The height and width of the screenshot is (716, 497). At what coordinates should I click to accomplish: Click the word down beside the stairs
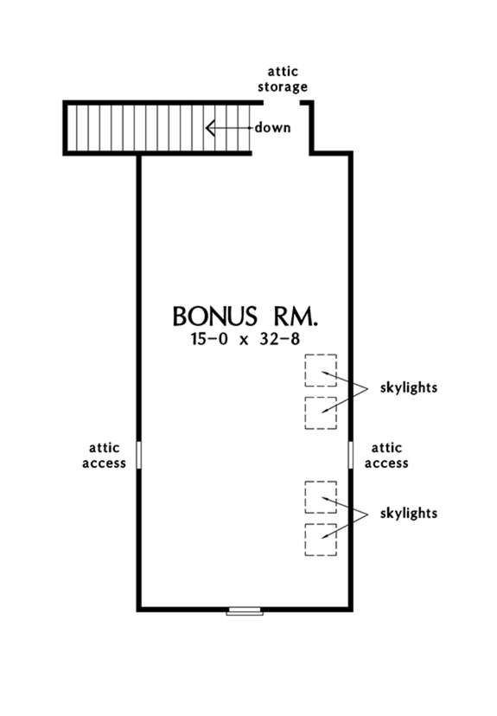click(272, 128)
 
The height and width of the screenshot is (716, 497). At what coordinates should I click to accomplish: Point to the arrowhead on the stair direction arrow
click(210, 129)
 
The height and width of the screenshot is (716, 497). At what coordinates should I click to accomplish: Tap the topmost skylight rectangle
click(320, 370)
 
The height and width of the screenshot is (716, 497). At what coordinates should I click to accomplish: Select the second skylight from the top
click(320, 412)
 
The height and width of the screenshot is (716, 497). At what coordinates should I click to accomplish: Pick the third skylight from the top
click(320, 496)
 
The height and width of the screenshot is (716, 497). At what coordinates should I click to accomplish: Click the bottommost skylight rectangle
click(320, 539)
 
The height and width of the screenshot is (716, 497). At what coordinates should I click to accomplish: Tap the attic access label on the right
click(389, 455)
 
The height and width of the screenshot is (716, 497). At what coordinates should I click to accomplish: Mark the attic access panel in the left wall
click(138, 454)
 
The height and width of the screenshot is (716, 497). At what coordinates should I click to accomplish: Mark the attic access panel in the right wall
click(351, 454)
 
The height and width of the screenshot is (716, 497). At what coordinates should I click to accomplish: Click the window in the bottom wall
click(245, 611)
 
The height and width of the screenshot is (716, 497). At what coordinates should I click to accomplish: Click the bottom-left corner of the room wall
click(138, 609)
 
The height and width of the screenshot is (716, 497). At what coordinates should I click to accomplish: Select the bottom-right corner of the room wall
click(351, 609)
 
